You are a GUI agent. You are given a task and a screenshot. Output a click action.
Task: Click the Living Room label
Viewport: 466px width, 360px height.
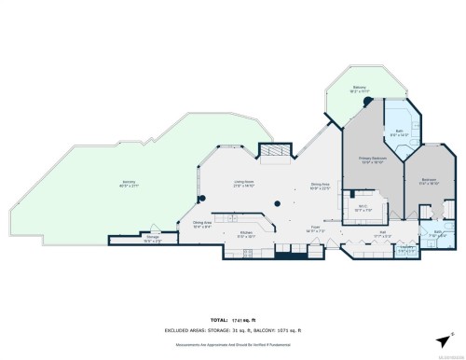click(243, 182)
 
